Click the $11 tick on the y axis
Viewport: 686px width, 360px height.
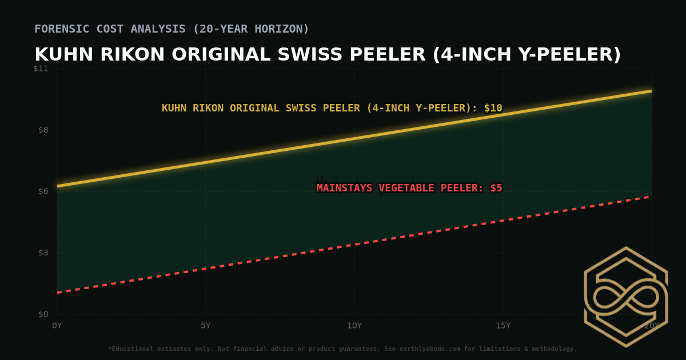point(41,69)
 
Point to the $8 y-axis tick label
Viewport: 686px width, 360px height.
point(43,130)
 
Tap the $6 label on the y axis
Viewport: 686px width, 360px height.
point(43,191)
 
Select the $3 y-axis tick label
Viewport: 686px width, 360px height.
point(43,253)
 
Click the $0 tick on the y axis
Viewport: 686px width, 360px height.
point(43,314)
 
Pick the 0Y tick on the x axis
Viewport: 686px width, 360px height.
point(57,326)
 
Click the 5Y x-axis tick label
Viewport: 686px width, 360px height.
point(206,326)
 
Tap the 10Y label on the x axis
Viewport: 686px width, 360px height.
point(354,326)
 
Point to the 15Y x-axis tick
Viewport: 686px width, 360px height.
point(503,326)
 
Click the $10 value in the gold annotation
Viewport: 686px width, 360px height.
point(493,108)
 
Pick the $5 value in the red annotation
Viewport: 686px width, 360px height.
point(496,188)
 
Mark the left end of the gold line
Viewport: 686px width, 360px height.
point(58,186)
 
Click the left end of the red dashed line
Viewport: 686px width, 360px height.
point(58,293)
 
